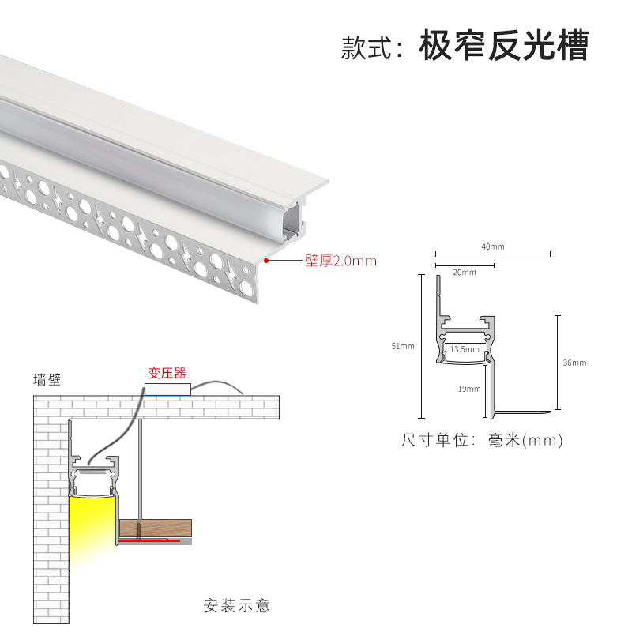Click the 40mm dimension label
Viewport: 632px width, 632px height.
tap(492, 246)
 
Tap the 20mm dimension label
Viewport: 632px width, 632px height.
tap(465, 273)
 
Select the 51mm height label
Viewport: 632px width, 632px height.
tap(402, 346)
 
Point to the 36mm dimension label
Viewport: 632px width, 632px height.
tap(574, 363)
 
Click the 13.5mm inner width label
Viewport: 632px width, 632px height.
tap(465, 348)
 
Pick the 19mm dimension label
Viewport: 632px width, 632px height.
tap(468, 389)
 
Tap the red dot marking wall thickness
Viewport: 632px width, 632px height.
tap(267, 260)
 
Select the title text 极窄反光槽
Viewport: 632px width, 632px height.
tap(504, 47)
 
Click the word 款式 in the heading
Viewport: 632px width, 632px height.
tap(363, 47)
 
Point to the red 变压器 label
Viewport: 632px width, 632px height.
tap(167, 373)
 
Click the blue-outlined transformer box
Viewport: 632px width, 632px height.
tap(167, 389)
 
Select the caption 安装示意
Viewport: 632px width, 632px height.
tap(237, 606)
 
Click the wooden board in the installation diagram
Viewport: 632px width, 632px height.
tap(156, 527)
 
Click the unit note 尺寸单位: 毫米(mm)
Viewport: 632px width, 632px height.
tap(482, 441)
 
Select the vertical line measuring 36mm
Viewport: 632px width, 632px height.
tap(558, 363)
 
